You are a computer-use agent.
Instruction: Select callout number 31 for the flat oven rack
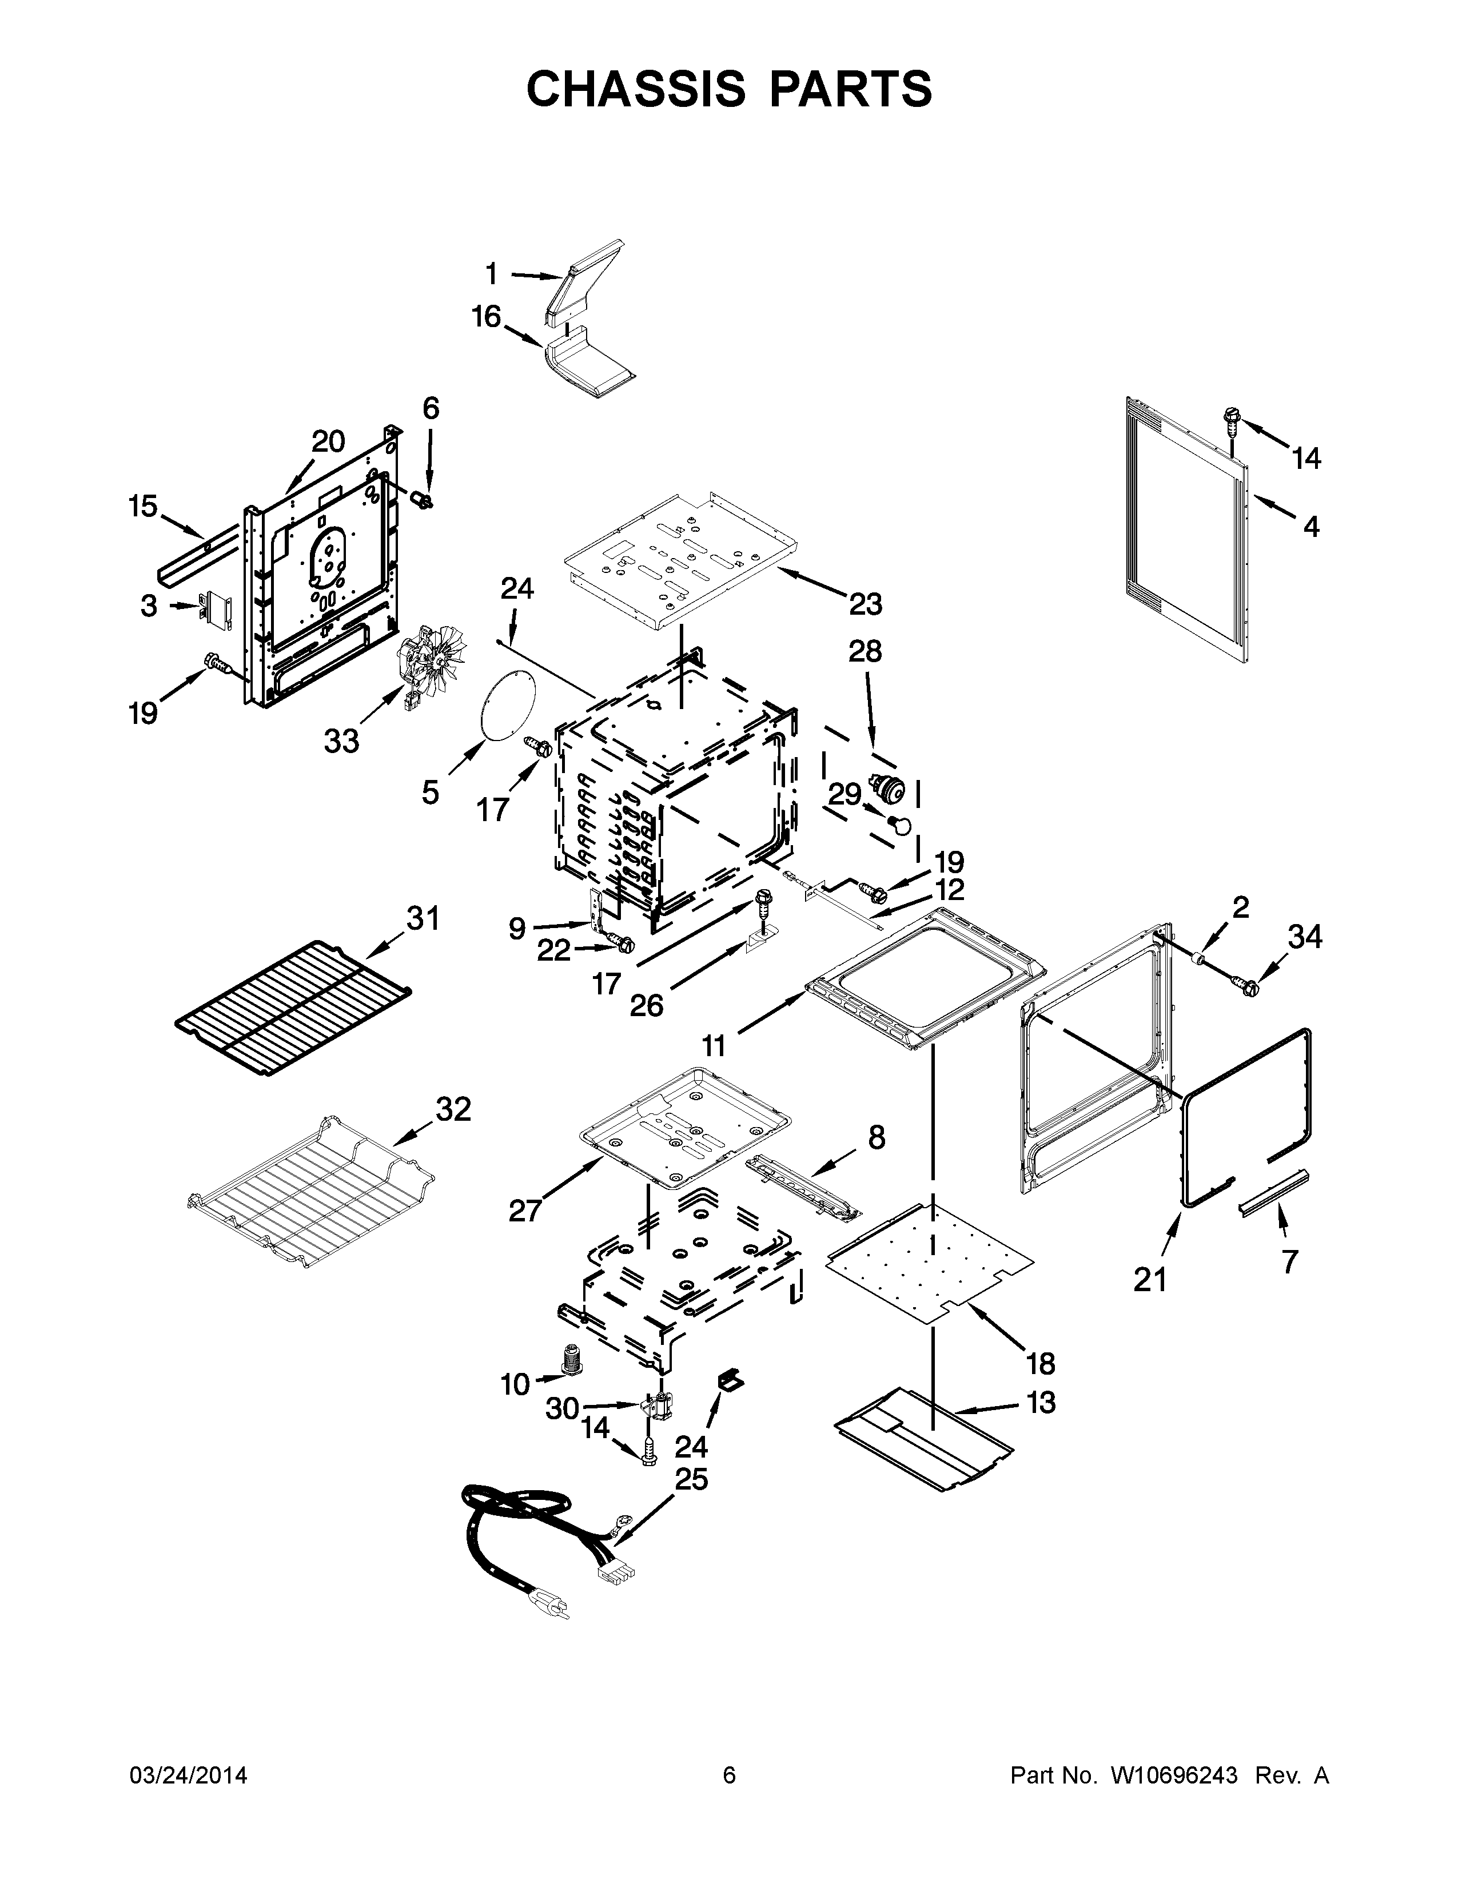click(x=423, y=918)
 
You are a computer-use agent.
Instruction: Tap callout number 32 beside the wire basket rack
click(x=453, y=1109)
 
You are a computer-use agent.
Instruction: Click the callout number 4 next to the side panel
click(x=1310, y=526)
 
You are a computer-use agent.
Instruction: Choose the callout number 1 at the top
click(x=492, y=274)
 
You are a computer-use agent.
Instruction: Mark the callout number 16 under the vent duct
click(x=487, y=317)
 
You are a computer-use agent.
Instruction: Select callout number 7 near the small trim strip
click(x=1289, y=1261)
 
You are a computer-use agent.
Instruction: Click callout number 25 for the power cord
click(x=691, y=1479)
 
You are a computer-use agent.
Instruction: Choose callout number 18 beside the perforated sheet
click(x=1041, y=1363)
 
